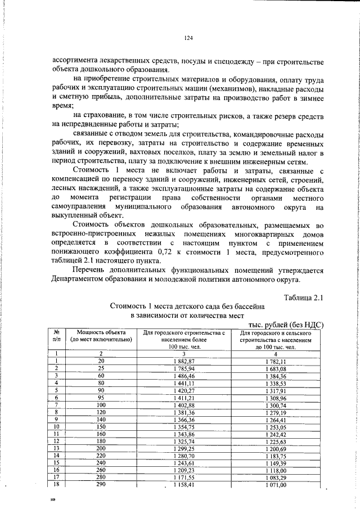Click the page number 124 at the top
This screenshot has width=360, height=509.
(188, 38)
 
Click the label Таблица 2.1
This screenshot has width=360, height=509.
(304, 297)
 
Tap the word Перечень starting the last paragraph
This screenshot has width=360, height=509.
(91, 270)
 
